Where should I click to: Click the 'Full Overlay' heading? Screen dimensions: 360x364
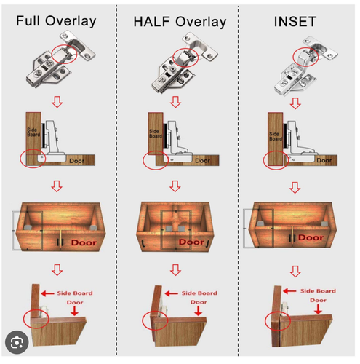[x=56, y=21]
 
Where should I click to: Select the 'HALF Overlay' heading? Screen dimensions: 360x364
[x=180, y=22]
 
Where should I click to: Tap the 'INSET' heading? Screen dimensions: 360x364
[x=295, y=22]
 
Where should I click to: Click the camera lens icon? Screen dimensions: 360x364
[x=17, y=342]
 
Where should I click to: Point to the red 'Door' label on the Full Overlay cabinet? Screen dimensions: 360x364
[x=84, y=242]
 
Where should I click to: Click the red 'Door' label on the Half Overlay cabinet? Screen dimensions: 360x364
[x=191, y=242]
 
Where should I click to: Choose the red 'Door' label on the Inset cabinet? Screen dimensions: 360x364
[x=311, y=237]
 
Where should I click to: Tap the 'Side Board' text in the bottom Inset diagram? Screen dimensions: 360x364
[x=318, y=290]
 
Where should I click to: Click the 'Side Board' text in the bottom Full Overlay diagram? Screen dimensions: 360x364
[x=75, y=293]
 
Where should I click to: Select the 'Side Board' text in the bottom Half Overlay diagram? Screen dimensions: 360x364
[x=199, y=293]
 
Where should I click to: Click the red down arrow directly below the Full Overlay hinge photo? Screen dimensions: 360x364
[x=57, y=102]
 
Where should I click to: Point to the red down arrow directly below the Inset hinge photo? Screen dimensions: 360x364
[x=295, y=103]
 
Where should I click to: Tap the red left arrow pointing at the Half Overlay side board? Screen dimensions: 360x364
[x=172, y=293]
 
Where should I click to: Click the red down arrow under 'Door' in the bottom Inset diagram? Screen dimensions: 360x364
[x=318, y=309]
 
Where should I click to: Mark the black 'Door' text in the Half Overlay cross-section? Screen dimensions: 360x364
[x=202, y=161]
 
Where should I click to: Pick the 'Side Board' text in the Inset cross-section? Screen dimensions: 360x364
[x=276, y=136]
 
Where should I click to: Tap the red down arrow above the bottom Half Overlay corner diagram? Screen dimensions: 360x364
[x=175, y=270]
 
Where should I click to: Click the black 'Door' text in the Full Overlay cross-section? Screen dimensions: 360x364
[x=77, y=161]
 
